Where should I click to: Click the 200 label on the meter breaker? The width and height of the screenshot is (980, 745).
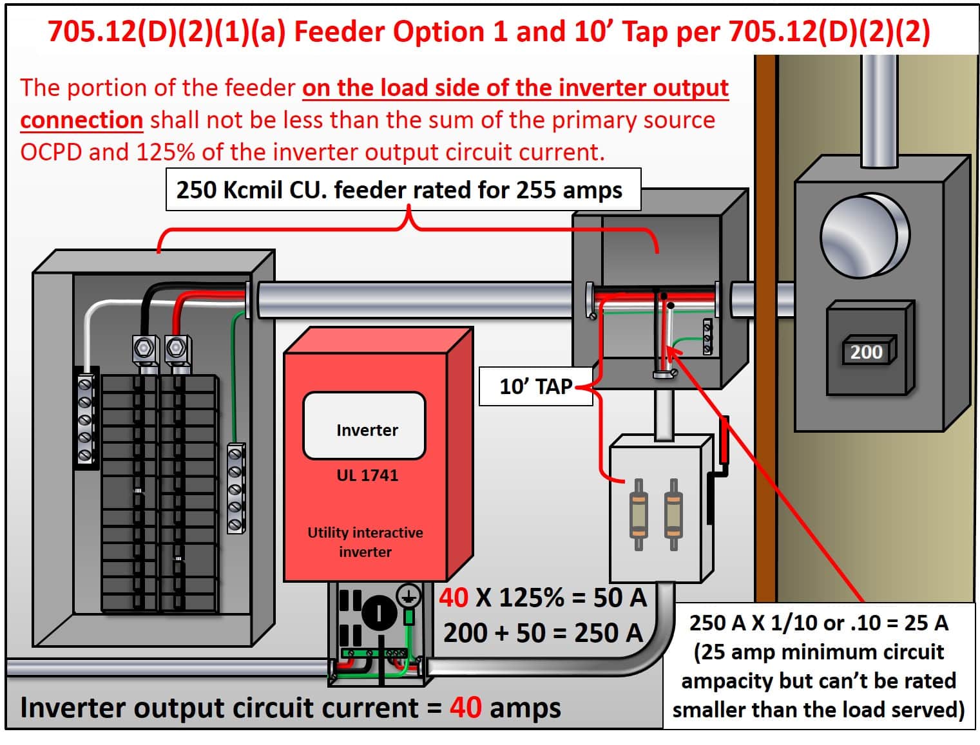(866, 352)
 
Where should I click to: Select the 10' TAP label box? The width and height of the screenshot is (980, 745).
(535, 386)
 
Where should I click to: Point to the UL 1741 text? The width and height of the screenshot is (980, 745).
(367, 475)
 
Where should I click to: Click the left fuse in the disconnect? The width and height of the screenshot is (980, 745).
(639, 514)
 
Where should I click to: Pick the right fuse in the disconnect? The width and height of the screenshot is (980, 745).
(673, 514)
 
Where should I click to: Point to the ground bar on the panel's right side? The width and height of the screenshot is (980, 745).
(236, 487)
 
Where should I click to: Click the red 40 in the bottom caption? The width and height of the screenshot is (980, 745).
(465, 707)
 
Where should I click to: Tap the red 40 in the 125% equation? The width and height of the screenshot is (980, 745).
(454, 598)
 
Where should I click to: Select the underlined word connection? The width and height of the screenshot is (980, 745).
(81, 120)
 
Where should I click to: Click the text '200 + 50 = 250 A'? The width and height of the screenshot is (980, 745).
(543, 632)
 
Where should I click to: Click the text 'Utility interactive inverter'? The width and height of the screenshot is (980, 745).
(365, 542)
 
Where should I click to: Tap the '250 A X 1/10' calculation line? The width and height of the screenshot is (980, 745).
(818, 622)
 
